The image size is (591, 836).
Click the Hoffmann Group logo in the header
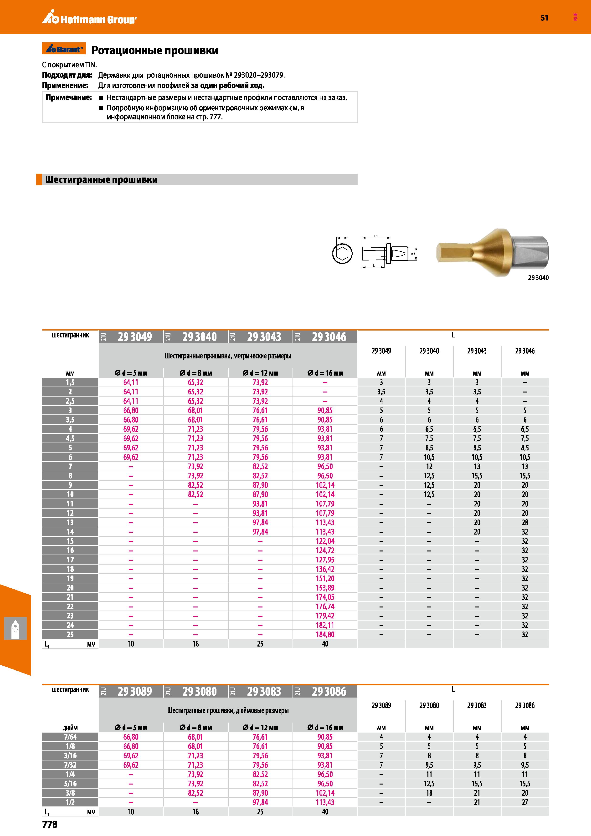pyautogui.click(x=89, y=18)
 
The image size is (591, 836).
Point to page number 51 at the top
pyautogui.click(x=544, y=18)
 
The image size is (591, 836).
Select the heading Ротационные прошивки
pyautogui.click(x=155, y=50)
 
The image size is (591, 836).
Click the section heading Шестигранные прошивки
pyautogui.click(x=101, y=179)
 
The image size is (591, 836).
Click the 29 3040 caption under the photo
pyautogui.click(x=538, y=277)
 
